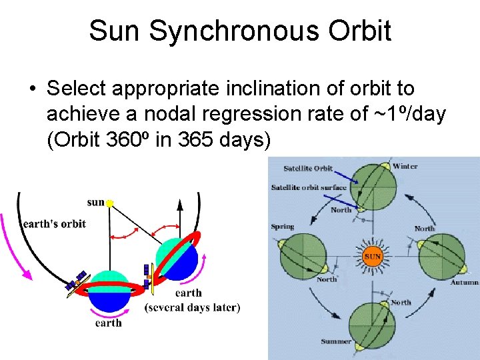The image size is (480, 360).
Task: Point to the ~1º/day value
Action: [x=406, y=114]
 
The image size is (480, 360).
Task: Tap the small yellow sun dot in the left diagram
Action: [x=110, y=202]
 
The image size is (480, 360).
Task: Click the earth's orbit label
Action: [x=55, y=224]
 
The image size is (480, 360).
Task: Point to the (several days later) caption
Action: [x=192, y=307]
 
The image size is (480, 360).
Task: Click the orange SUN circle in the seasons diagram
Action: [x=372, y=256]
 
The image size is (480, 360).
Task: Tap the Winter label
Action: [x=405, y=166]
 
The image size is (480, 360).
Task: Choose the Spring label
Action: [x=283, y=227]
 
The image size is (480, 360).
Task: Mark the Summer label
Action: [x=336, y=341]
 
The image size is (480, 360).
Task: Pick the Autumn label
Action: [x=464, y=283]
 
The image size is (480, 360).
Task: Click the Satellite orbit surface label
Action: [x=309, y=187]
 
